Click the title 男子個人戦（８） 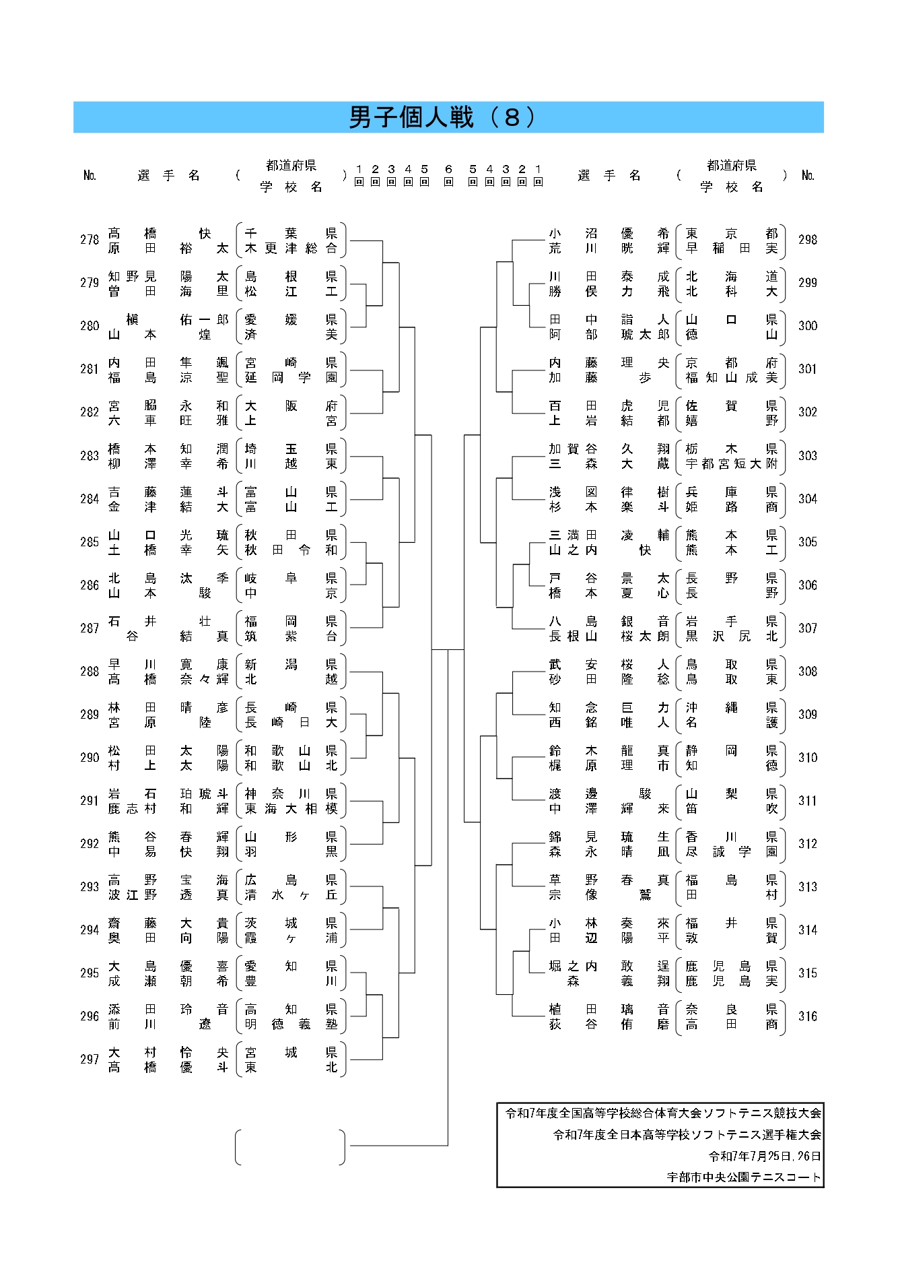[x=444, y=117]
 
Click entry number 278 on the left [x=90, y=240]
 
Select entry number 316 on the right [x=808, y=1016]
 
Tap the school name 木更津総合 [x=291, y=248]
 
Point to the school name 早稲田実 [x=732, y=248]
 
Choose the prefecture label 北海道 [x=732, y=276]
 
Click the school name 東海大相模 [x=291, y=808]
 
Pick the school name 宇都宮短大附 [x=732, y=463]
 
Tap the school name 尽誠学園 [x=732, y=851]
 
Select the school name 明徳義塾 [x=291, y=1024]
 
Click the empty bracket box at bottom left [x=290, y=1147]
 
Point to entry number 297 [x=90, y=1059]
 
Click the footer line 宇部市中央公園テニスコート [x=744, y=1177]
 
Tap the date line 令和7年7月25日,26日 [x=765, y=1156]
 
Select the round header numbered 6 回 [x=448, y=175]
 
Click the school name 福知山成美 [x=732, y=377]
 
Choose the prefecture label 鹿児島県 [x=732, y=966]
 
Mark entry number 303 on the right [x=808, y=455]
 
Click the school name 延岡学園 [x=291, y=377]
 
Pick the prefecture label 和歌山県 [x=291, y=750]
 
